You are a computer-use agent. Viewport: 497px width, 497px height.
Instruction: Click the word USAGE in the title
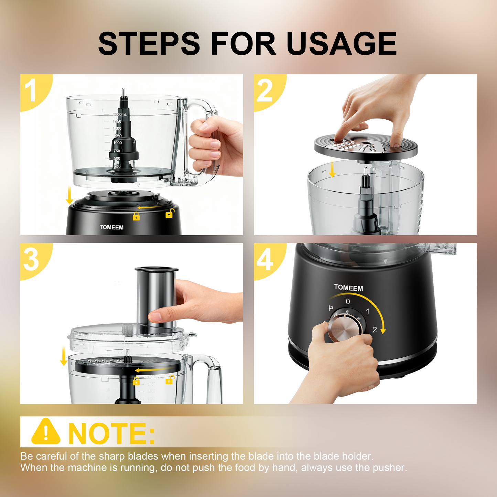(x=341, y=44)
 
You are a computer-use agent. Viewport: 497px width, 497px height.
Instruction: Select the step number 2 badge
(x=265, y=90)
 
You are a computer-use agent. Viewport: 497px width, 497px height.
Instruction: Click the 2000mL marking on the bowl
(x=120, y=114)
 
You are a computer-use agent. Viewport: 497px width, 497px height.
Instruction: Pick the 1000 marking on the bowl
(x=117, y=142)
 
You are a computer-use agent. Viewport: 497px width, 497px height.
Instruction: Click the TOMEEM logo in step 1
(x=111, y=227)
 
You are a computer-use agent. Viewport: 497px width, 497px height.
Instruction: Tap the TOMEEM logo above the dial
(x=348, y=288)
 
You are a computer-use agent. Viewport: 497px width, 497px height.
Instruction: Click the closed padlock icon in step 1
(x=136, y=216)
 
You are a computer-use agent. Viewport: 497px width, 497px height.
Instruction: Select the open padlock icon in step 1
(x=169, y=213)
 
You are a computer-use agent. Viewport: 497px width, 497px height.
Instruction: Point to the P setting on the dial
(x=331, y=309)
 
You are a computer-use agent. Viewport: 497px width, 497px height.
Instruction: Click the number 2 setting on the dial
(x=375, y=330)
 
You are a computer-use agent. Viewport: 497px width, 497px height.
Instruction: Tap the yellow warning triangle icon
(x=46, y=432)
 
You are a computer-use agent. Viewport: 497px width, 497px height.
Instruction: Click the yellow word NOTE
(x=111, y=433)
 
